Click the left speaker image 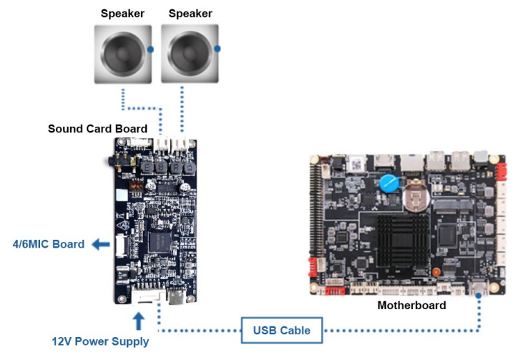(122, 54)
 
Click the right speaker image (190, 54)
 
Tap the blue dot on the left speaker (150, 49)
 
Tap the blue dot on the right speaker (217, 49)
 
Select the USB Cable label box (282, 330)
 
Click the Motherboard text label (411, 305)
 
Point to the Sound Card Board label (97, 129)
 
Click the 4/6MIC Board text (49, 244)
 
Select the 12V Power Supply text (100, 341)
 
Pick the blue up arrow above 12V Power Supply (139, 320)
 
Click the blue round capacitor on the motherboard (388, 183)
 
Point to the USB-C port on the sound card (175, 296)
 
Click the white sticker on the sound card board (122, 193)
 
